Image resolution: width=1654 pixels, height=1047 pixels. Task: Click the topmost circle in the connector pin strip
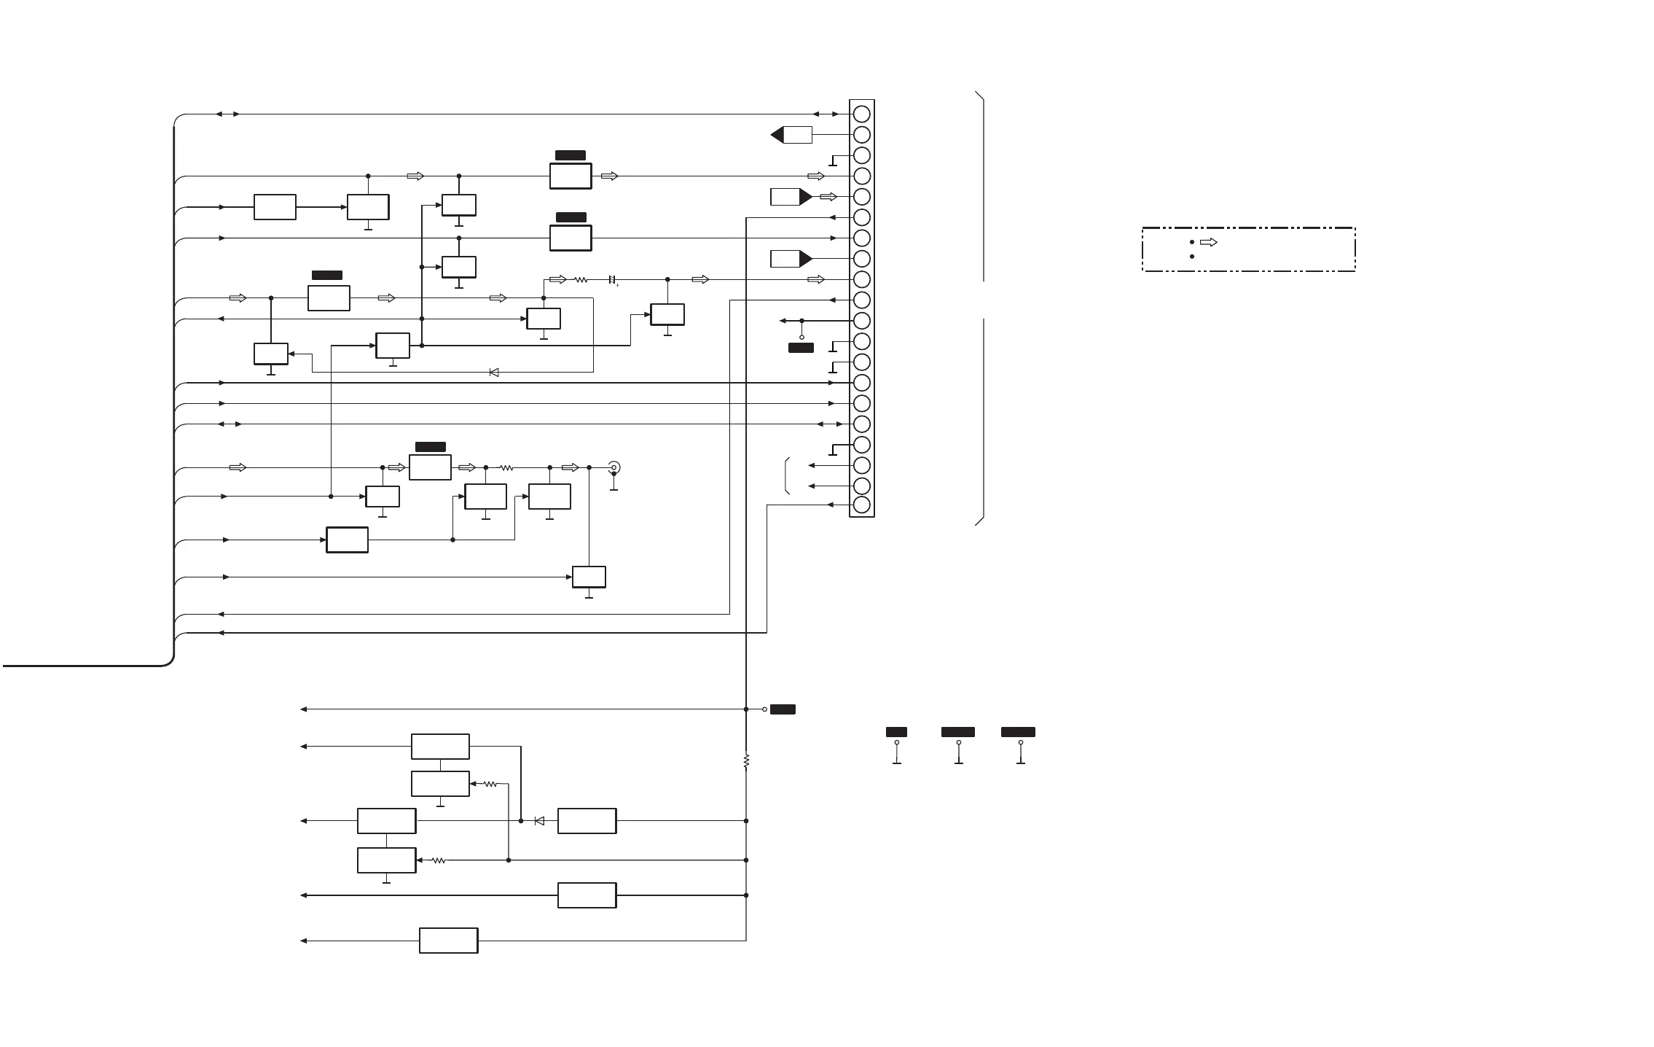pos(861,114)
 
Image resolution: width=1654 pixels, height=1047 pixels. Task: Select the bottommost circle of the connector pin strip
pos(861,505)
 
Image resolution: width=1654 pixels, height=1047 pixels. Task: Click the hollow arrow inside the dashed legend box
pos(1208,242)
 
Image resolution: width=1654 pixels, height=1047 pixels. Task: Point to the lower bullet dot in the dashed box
pos(1191,257)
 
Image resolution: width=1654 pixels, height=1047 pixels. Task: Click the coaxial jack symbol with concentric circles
pos(614,467)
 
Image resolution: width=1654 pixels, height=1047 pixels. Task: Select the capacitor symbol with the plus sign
pos(612,280)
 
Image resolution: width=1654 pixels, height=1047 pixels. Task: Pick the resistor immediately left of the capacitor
pos(581,280)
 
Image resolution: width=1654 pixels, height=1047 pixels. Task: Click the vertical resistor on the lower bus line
pos(746,760)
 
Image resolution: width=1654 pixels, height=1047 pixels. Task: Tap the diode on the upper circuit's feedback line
pos(494,373)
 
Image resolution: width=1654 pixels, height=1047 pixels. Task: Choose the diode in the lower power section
pos(539,821)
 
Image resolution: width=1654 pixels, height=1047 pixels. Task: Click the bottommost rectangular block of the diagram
pos(448,941)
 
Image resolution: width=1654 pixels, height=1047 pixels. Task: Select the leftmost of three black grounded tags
pos(896,732)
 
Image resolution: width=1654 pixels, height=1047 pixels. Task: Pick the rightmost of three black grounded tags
pos(1018,732)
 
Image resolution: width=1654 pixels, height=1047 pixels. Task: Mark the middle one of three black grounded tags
pos(958,732)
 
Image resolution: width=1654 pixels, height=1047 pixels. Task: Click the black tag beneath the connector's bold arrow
pos(801,348)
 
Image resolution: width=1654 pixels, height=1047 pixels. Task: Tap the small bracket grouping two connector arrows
pos(788,475)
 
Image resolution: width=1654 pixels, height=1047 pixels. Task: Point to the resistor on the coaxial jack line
pos(506,467)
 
